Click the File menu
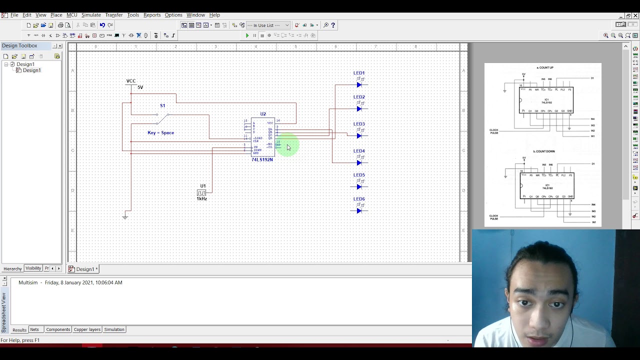[14, 15]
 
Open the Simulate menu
[91, 15]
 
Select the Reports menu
[152, 15]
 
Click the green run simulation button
[247, 35]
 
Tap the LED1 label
[359, 73]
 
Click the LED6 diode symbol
[359, 211]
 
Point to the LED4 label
[359, 151]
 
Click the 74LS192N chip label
[262, 159]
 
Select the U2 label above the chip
[263, 114]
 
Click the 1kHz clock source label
[201, 199]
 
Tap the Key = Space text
[160, 133]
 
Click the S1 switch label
[162, 105]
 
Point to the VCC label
[131, 81]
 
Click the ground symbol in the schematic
[125, 216]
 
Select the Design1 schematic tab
[83, 269]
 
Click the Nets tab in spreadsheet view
[34, 329]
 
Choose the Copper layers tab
[87, 329]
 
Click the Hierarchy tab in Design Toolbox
[12, 268]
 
